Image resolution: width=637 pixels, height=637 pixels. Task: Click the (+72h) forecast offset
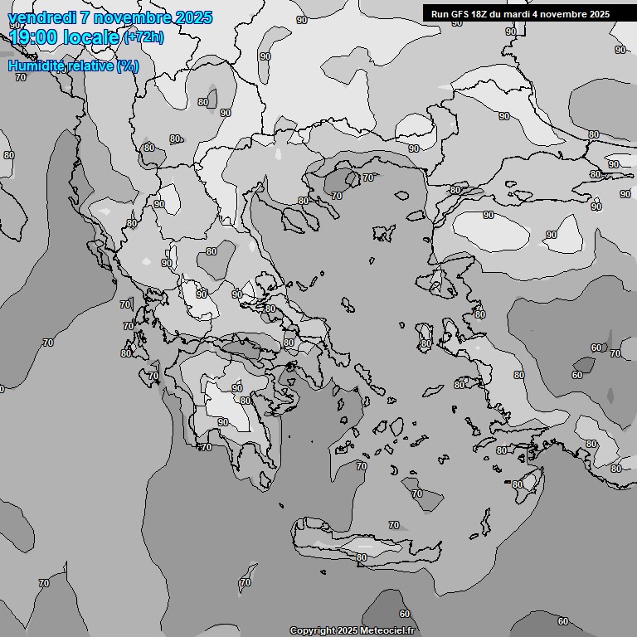click(x=143, y=37)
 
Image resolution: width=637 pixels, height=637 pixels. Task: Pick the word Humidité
click(x=33, y=66)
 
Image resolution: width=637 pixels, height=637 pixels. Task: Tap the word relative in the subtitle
click(x=86, y=66)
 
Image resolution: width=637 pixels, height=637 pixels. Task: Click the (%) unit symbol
click(x=128, y=66)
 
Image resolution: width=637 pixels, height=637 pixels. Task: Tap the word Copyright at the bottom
click(x=312, y=630)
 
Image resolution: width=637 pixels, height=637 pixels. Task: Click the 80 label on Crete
click(x=362, y=557)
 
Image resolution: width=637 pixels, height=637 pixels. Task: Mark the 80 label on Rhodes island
click(x=518, y=484)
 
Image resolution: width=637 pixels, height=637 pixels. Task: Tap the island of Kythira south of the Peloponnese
click(x=282, y=505)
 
